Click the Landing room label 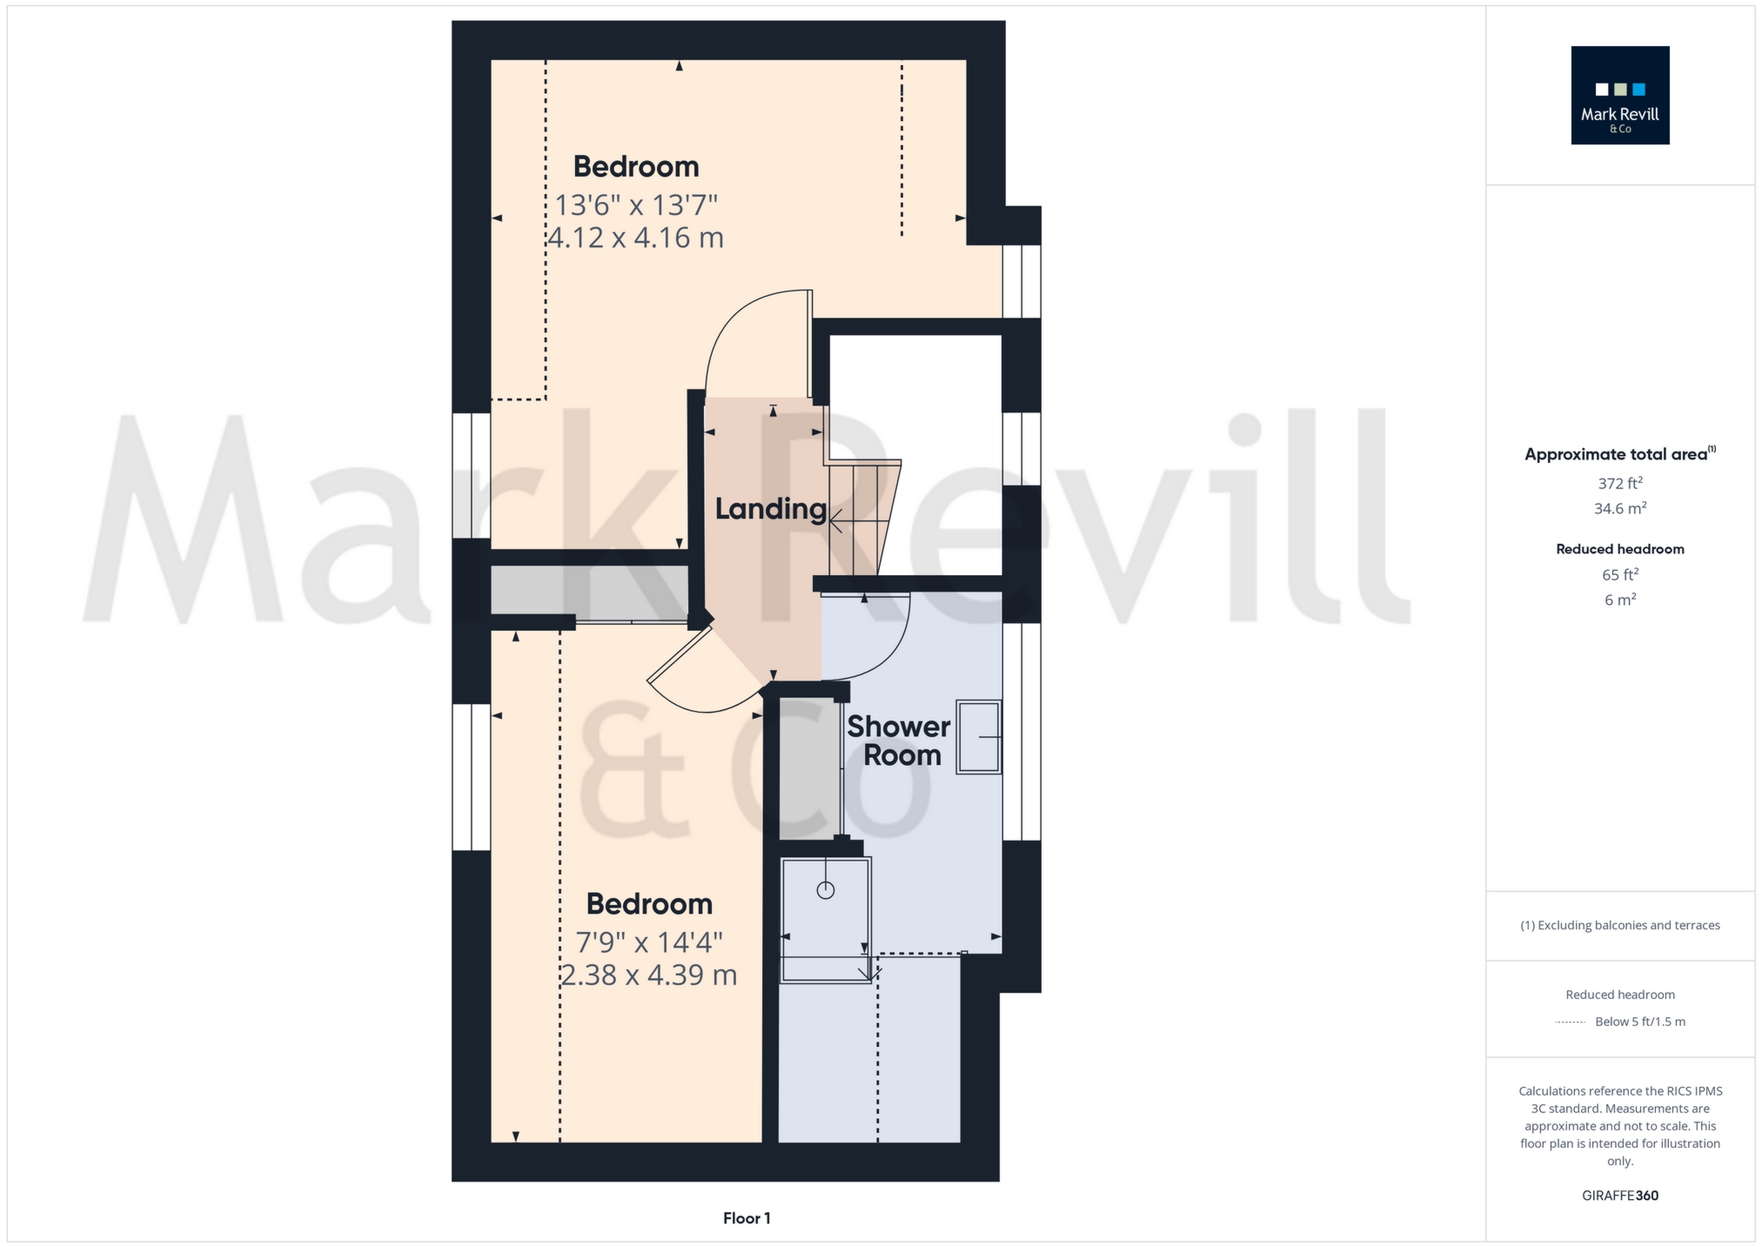click(770, 509)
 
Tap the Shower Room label click(899, 741)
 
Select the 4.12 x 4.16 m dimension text click(636, 238)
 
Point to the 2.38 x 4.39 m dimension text click(649, 975)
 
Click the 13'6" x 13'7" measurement click(636, 205)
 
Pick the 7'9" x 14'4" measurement click(649, 942)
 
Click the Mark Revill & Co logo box click(1619, 95)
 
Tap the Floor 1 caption click(747, 1218)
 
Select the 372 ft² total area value click(1619, 483)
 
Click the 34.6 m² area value click(1619, 508)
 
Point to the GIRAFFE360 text click(1619, 1196)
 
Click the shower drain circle click(826, 890)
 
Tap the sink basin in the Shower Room click(979, 737)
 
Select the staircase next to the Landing click(861, 519)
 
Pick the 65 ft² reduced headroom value click(1619, 574)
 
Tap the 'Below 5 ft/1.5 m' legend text click(1639, 1022)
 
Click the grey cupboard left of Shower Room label click(809, 768)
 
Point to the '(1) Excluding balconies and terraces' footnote click(1619, 925)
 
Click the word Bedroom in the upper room click(636, 166)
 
